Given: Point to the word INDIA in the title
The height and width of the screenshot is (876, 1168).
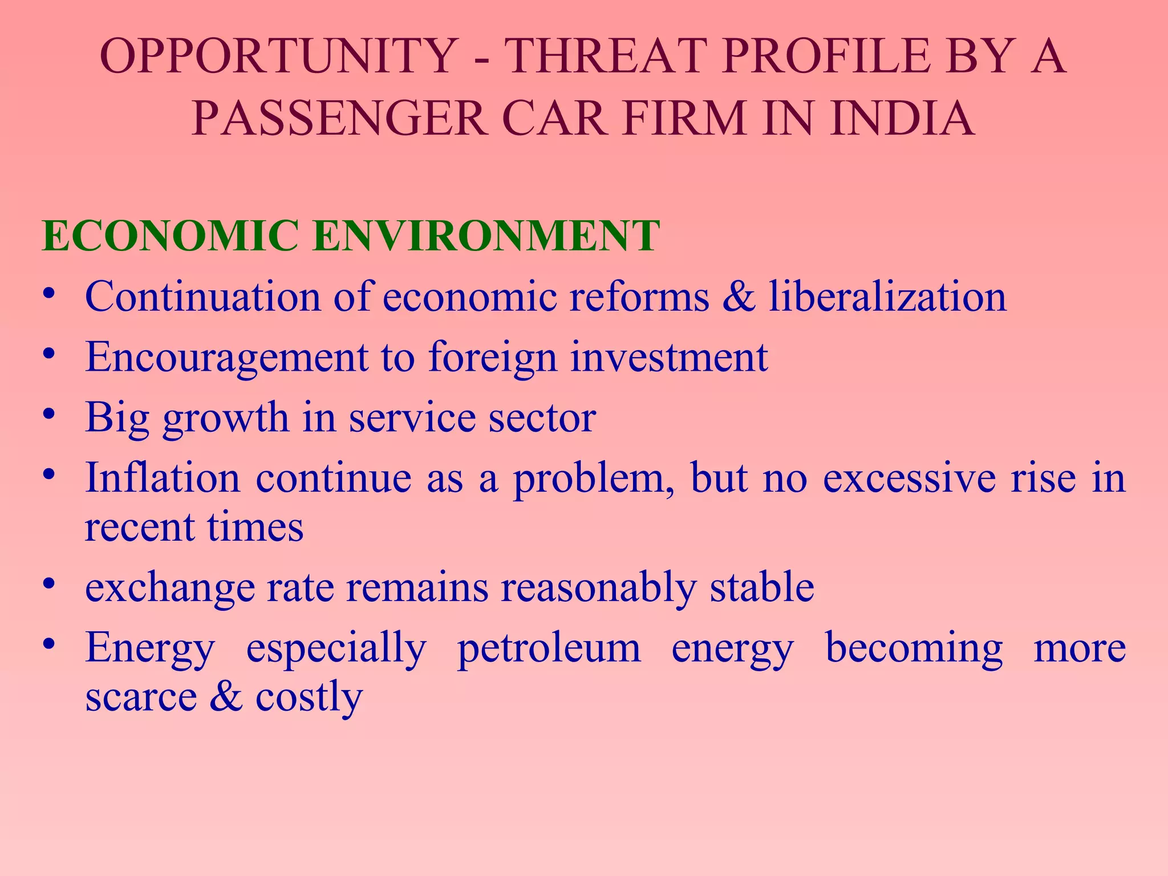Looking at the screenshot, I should [x=902, y=119].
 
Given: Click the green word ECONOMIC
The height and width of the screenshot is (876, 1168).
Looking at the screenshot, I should [x=170, y=236].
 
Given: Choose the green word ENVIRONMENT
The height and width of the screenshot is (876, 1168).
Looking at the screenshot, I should [x=486, y=236].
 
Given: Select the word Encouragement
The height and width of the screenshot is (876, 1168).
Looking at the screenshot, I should [x=226, y=358].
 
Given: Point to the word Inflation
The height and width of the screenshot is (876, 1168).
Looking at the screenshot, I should [x=163, y=478].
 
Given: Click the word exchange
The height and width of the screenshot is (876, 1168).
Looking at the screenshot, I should [x=170, y=589].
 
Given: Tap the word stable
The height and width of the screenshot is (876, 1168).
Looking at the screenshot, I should [x=762, y=587].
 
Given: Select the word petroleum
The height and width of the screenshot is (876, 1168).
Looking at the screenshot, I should [x=549, y=649].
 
